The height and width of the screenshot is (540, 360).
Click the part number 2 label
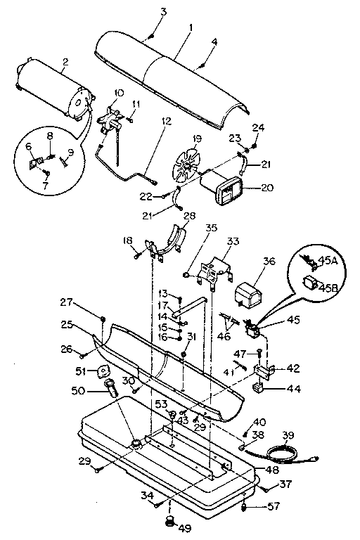(x=65, y=62)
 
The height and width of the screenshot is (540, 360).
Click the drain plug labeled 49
(x=169, y=521)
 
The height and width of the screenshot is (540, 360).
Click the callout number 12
(x=166, y=120)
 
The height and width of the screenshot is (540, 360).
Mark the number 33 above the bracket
(x=233, y=240)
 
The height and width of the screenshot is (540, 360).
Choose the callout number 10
(x=117, y=92)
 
